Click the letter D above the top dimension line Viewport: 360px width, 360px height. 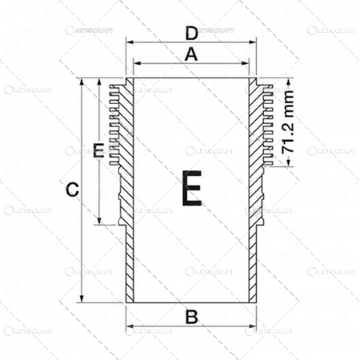click(190, 34)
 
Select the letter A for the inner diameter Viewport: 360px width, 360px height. click(190, 54)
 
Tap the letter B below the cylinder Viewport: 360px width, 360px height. click(190, 317)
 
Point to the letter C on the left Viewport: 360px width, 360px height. click(70, 190)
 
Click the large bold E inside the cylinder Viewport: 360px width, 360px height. click(191, 190)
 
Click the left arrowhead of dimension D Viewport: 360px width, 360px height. click(129, 43)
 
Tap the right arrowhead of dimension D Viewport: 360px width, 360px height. click(254, 43)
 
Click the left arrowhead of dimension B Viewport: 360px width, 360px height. click(129, 328)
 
